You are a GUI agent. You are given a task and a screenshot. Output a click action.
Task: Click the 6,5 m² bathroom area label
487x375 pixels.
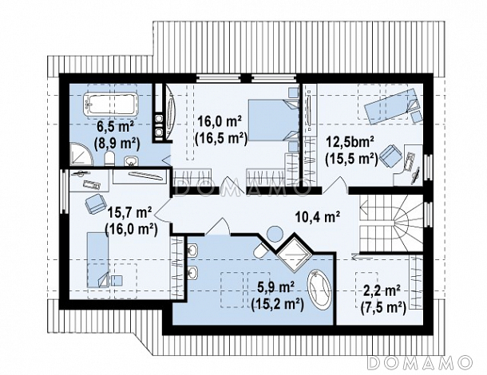(115, 126)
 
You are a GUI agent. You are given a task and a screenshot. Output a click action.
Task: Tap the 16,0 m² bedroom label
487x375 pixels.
(220, 121)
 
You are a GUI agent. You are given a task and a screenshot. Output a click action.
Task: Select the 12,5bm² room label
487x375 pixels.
(350, 142)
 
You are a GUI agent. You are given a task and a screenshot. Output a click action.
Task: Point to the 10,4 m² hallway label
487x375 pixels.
(317, 217)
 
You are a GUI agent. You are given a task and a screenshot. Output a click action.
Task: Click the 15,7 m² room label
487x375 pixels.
(129, 213)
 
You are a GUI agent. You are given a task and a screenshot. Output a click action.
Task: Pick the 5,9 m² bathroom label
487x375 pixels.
(276, 287)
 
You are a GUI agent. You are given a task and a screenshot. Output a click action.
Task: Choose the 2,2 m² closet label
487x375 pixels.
(382, 291)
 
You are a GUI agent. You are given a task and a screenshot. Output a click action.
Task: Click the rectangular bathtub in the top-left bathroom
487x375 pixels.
(110, 104)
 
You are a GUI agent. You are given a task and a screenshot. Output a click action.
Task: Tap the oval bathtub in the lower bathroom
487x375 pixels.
(319, 290)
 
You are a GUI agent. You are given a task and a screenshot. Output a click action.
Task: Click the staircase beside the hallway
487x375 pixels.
(391, 223)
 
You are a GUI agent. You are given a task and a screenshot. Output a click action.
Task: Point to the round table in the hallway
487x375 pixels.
(275, 234)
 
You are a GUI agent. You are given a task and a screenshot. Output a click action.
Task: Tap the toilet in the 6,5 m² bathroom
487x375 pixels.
(109, 159)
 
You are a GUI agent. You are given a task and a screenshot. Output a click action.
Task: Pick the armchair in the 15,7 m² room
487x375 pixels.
(96, 203)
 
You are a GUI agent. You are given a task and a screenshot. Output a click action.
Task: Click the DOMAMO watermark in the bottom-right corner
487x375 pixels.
(420, 362)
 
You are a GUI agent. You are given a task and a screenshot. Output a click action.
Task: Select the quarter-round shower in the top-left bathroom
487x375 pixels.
(81, 154)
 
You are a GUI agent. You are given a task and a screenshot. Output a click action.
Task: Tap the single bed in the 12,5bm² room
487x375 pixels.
(393, 106)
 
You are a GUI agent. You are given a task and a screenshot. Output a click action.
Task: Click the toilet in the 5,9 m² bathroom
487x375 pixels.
(262, 249)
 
